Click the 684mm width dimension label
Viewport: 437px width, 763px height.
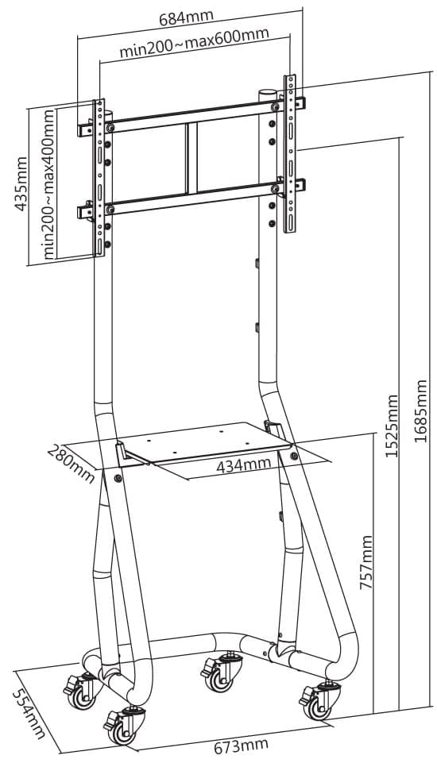click(186, 17)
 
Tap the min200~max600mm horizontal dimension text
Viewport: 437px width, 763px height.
click(194, 43)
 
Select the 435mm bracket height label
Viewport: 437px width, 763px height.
click(21, 183)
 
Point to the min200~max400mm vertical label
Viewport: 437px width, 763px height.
click(48, 184)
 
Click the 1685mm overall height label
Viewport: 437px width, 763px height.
click(420, 410)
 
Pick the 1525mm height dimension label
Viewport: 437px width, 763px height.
click(393, 426)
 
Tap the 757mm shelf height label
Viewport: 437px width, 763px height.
click(365, 562)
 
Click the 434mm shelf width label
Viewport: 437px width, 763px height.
click(243, 464)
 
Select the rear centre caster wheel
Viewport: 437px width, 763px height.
click(219, 672)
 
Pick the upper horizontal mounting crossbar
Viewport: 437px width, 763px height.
click(191, 118)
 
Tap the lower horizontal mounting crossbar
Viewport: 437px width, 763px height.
click(191, 198)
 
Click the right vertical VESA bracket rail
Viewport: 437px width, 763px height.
click(290, 153)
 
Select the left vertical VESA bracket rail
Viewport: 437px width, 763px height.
click(99, 178)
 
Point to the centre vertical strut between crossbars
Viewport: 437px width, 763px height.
click(191, 158)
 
